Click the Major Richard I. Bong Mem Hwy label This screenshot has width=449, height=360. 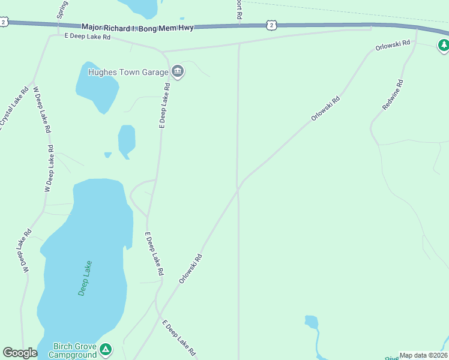point(137,28)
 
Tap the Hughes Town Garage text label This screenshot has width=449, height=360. point(128,72)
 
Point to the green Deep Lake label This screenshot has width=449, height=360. point(85,277)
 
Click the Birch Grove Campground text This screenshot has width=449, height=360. point(75,350)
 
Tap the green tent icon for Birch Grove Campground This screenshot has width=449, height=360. point(106,349)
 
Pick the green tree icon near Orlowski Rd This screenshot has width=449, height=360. point(443,44)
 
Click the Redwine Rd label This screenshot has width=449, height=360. point(394,95)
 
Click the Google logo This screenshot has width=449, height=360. point(20,353)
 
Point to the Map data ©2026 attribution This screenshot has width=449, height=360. point(424,355)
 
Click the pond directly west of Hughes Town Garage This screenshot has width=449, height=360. point(97,86)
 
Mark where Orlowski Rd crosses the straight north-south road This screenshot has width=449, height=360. point(238,188)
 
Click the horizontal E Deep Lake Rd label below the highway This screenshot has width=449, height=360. point(88,37)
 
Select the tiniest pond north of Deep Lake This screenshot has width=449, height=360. point(107,155)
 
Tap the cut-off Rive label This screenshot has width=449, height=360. point(391,356)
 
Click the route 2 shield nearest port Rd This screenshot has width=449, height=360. point(272,25)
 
